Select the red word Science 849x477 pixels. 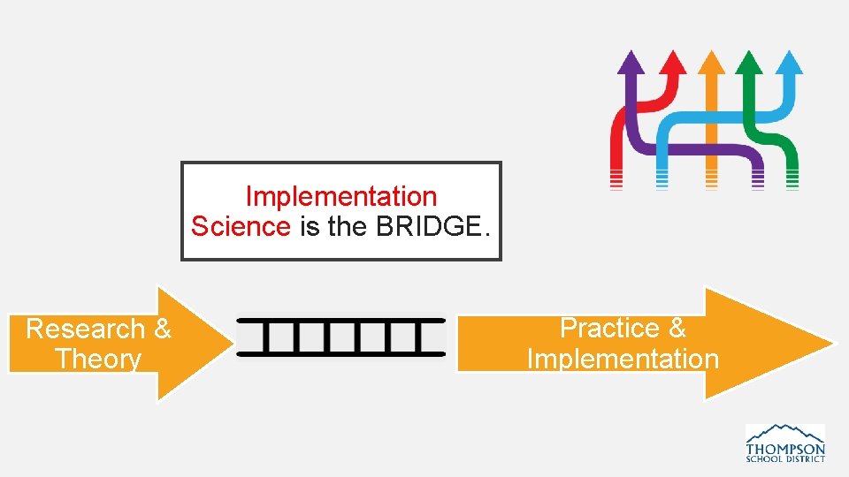tap(241, 227)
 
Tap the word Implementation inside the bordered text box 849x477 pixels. tap(340, 196)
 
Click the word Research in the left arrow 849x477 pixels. tap(85, 329)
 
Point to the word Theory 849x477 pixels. tap(98, 360)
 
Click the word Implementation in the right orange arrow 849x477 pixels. tap(623, 359)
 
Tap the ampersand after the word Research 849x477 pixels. tap(162, 329)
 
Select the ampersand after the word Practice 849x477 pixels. tap(677, 329)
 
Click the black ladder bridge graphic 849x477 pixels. tap(341, 337)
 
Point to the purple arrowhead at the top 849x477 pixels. tap(631, 62)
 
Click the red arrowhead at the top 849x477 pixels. tap(673, 62)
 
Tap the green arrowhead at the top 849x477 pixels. tap(749, 62)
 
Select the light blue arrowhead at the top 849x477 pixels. tap(790, 62)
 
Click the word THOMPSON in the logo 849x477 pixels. tap(785, 447)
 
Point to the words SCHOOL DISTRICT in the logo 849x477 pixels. tap(785, 458)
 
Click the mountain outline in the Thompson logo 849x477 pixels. tap(785, 432)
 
